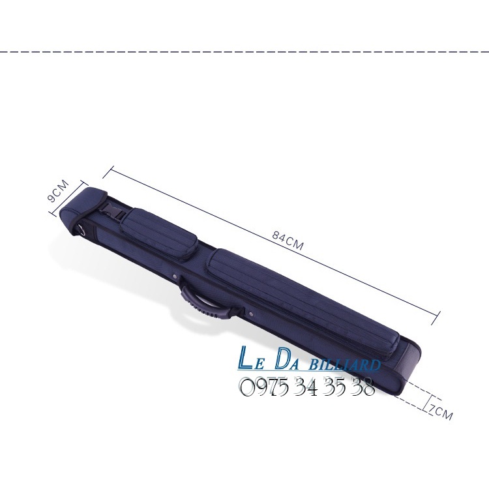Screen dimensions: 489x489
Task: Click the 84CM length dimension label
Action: tap(288, 241)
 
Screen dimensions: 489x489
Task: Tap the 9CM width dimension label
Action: tap(58, 190)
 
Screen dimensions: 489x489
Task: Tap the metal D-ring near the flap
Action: tap(81, 230)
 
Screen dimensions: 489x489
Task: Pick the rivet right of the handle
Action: tap(252, 314)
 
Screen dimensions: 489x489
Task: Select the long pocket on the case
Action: tap(303, 303)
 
